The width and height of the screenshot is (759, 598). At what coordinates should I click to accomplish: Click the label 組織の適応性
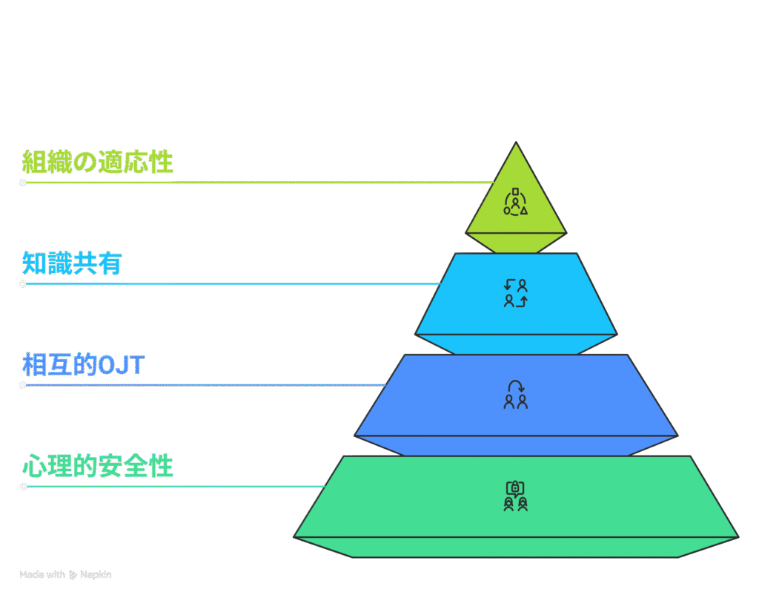coord(97,162)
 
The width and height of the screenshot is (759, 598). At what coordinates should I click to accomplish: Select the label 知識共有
coord(72,263)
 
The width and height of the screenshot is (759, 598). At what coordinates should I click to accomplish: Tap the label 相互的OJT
coord(84,365)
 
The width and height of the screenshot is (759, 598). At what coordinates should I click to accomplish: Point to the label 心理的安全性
coord(97,467)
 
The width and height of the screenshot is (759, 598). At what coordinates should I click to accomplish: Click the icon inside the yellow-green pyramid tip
coord(516,202)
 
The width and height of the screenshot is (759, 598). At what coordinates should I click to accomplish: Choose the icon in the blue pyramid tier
coord(516,395)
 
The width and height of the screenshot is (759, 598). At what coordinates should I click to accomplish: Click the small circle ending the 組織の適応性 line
coord(23,182)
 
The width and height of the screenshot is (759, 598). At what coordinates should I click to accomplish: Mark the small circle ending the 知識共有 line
coord(23,283)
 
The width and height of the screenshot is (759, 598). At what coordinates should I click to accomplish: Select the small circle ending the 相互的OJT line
coord(23,385)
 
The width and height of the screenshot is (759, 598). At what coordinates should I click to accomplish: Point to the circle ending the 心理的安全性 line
coord(23,487)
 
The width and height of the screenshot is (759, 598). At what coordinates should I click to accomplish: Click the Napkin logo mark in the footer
coord(73,575)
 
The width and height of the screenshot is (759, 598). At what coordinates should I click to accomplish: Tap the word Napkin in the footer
coord(96,575)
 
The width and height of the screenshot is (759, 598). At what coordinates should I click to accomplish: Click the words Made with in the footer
coord(42,575)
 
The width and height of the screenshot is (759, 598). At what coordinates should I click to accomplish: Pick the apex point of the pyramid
coord(516,142)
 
